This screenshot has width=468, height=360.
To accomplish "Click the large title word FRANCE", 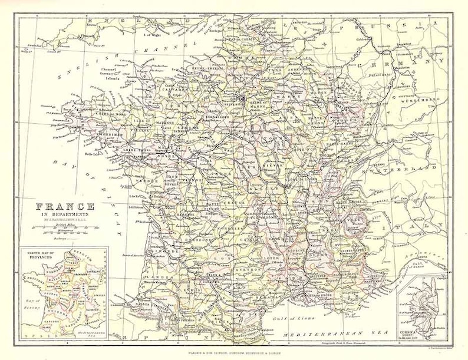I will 61,207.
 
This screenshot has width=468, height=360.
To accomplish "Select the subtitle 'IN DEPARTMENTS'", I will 61,215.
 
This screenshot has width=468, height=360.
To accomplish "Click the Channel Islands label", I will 111,74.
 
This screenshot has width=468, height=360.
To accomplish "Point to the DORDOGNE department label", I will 197,240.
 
